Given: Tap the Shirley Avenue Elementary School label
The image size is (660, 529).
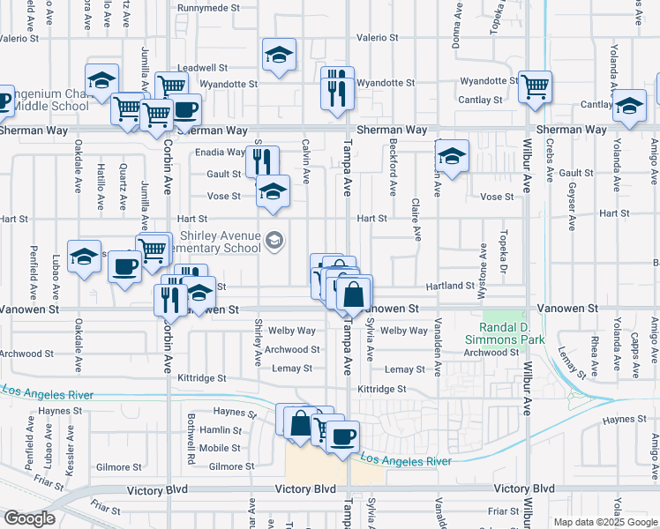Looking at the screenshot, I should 221,242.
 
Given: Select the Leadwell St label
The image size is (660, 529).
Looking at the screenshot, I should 202,67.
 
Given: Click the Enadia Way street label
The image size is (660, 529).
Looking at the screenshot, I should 220,152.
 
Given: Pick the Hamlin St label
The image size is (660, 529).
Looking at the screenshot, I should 221,430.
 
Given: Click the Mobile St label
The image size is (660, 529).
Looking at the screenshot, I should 220,448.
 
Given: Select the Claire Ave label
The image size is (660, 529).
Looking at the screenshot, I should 416,219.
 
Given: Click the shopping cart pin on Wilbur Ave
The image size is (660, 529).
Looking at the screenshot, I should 535,87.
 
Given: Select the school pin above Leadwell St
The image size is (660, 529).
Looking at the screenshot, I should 279,56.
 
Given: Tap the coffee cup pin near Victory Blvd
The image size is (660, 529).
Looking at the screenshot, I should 342,435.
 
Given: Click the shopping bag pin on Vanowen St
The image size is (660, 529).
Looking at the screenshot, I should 353,294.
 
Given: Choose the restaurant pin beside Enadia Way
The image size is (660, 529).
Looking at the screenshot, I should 262,161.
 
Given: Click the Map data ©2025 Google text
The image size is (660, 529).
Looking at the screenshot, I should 604,522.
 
